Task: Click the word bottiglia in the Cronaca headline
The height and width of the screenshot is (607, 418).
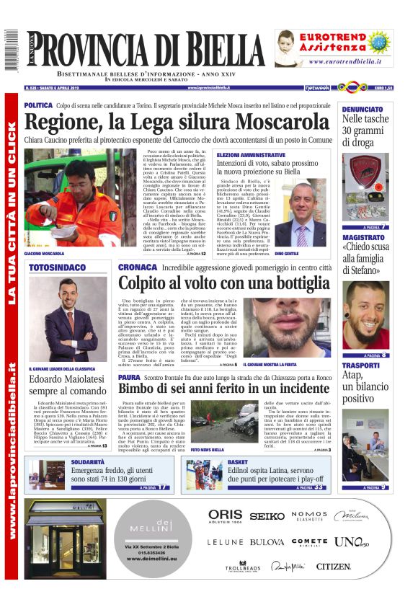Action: (273, 283)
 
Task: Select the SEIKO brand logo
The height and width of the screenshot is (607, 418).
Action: (267, 516)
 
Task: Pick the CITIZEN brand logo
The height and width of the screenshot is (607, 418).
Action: (333, 567)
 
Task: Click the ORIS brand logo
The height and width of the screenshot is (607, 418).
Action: (225, 515)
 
